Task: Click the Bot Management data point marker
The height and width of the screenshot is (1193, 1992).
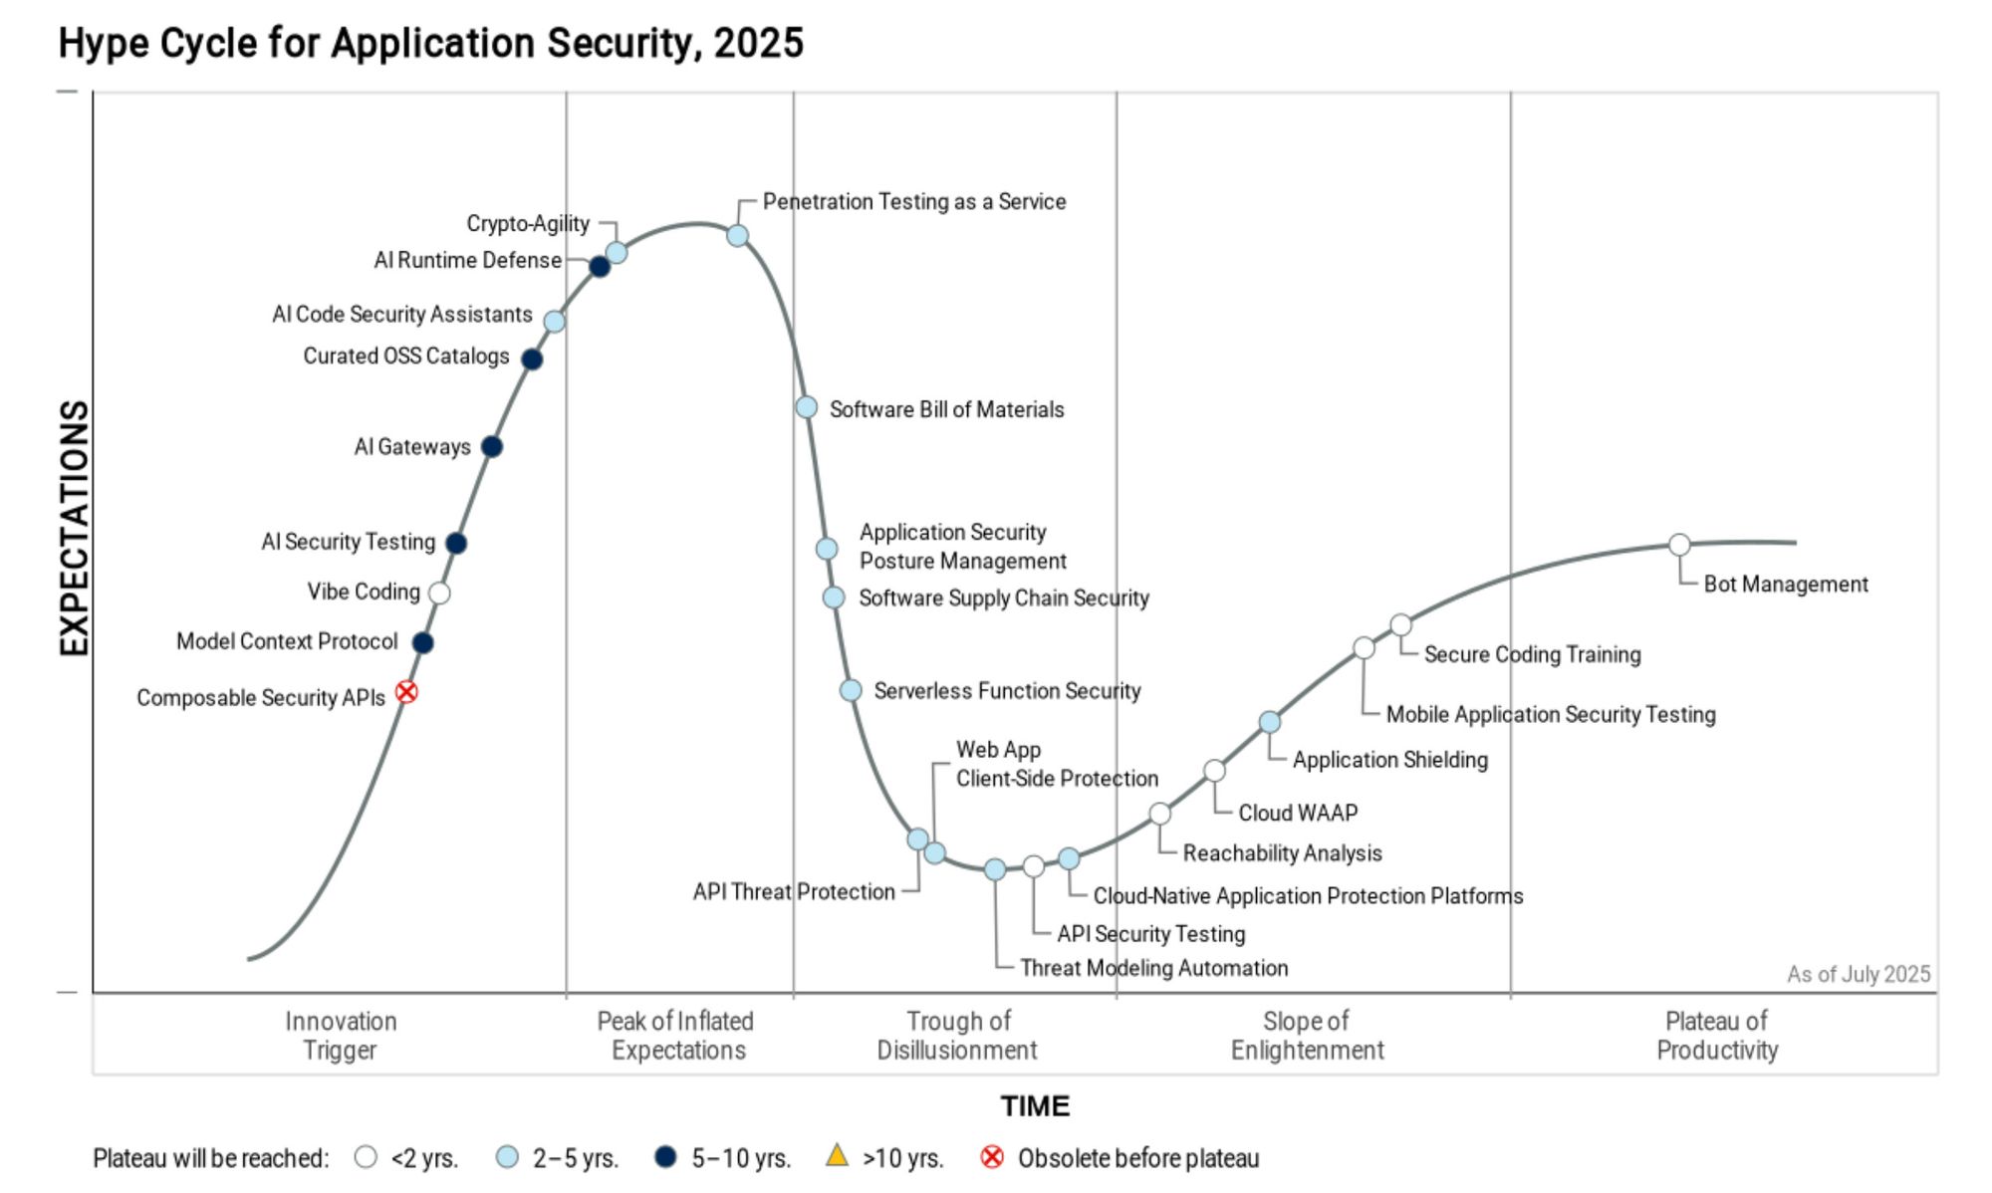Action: click(x=1679, y=545)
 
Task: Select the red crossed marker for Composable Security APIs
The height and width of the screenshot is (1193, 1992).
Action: click(x=406, y=692)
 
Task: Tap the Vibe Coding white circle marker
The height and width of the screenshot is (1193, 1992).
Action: click(x=439, y=594)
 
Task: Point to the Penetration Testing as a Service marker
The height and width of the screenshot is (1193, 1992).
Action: click(x=737, y=236)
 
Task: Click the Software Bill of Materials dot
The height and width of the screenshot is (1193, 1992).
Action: click(x=807, y=407)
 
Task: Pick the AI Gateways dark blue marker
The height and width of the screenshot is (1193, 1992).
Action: click(x=491, y=447)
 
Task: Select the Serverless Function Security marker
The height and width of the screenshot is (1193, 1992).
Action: click(x=851, y=690)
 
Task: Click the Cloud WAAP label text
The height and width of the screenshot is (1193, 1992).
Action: click(x=1298, y=813)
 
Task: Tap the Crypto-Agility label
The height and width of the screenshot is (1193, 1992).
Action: click(x=528, y=223)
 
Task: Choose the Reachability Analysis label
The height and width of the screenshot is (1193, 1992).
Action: click(x=1282, y=853)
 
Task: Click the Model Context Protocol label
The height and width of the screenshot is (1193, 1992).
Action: click(x=287, y=641)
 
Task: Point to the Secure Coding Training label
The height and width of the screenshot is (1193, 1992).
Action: click(x=1532, y=654)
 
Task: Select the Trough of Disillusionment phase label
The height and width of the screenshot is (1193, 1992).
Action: click(x=957, y=1036)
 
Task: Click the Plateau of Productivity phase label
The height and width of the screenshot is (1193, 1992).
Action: click(x=1717, y=1036)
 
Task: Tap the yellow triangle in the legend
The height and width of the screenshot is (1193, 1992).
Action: click(x=837, y=1156)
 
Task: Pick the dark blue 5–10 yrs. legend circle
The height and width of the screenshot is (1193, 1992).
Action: click(x=665, y=1157)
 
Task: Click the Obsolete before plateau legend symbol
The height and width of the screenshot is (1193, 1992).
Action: click(x=992, y=1157)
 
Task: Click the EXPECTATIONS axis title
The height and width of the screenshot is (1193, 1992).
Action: click(x=75, y=528)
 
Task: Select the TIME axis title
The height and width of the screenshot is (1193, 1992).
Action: click(x=1035, y=1106)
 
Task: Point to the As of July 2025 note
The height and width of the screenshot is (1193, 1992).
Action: click(x=1858, y=974)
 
